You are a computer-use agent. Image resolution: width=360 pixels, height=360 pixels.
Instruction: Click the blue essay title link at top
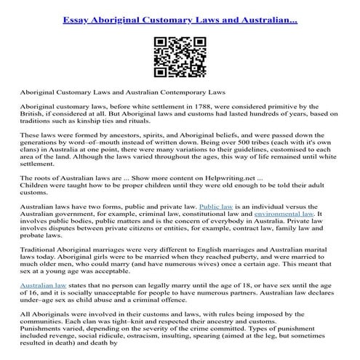pos(180,15)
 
